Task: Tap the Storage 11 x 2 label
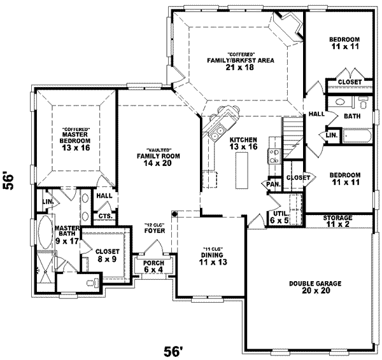coord(337,221)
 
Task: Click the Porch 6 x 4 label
coord(153,267)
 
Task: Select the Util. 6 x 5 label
coord(278,217)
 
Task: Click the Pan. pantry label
coord(274,184)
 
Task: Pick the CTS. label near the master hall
coord(105,216)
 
